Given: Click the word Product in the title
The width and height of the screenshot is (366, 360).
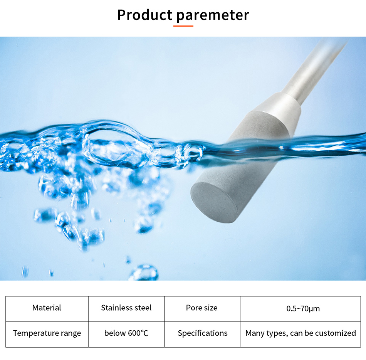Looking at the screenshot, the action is [145, 15].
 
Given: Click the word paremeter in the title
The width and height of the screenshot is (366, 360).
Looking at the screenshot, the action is [213, 16].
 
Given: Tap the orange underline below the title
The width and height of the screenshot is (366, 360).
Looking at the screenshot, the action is [183, 26].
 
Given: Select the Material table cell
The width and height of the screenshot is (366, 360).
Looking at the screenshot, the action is [47, 309].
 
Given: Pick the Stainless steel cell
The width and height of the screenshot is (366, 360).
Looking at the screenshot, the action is [126, 309].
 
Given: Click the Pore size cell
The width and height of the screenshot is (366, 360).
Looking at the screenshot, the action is [202, 309].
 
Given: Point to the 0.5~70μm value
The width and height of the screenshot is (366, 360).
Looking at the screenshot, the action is [303, 309].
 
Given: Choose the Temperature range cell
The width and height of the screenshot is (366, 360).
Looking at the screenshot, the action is [47, 334].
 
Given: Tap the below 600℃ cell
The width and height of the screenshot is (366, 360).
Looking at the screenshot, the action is [126, 334].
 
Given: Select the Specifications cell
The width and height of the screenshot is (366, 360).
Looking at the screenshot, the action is [202, 334].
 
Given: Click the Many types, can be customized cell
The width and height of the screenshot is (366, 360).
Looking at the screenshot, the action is [301, 334].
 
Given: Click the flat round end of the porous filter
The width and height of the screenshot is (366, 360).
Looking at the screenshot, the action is [214, 202].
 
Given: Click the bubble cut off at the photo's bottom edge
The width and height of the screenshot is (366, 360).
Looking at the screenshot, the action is [144, 273].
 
